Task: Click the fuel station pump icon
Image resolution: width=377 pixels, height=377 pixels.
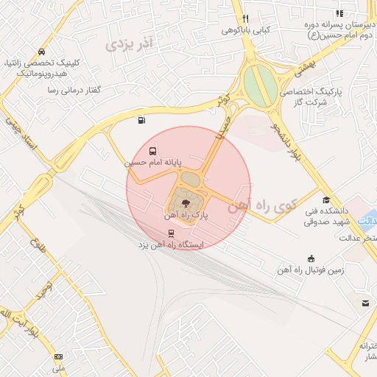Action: point(140,121)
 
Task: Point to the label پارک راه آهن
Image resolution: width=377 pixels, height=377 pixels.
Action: point(185,216)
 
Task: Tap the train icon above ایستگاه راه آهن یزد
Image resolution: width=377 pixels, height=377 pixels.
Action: point(172,233)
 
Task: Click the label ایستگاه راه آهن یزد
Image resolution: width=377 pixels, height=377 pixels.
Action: point(171,244)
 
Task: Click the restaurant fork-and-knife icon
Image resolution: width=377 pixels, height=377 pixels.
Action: point(245,20)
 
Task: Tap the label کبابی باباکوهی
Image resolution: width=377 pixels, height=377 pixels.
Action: point(245,32)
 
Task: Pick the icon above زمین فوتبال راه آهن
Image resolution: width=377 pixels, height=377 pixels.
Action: point(311,258)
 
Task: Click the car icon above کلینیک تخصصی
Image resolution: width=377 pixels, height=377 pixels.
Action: point(40,53)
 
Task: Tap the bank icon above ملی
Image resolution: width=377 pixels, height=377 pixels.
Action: point(59,356)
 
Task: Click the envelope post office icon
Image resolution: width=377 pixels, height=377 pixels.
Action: point(364,303)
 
